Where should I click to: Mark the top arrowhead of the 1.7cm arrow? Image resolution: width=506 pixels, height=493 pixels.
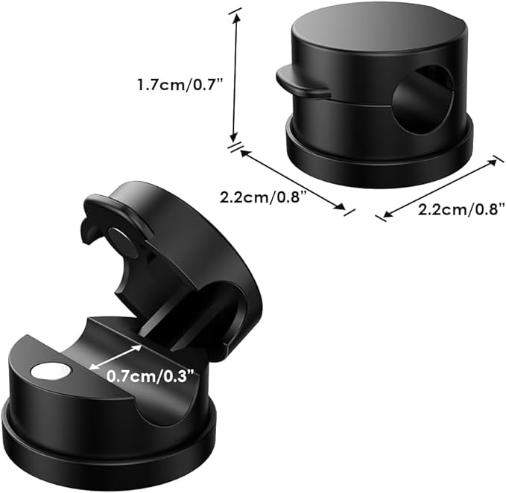click(237, 13)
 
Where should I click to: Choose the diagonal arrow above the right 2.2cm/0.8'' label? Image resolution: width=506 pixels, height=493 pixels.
click(440, 187)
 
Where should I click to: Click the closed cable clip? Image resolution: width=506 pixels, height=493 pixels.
click(376, 89)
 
